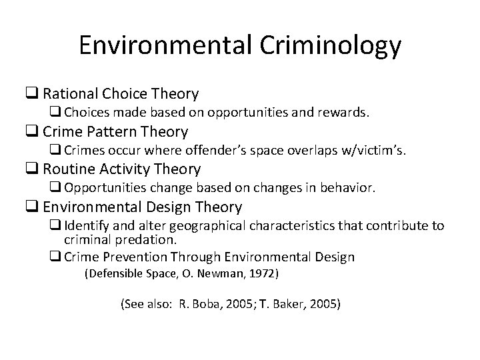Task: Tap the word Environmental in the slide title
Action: [155, 45]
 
